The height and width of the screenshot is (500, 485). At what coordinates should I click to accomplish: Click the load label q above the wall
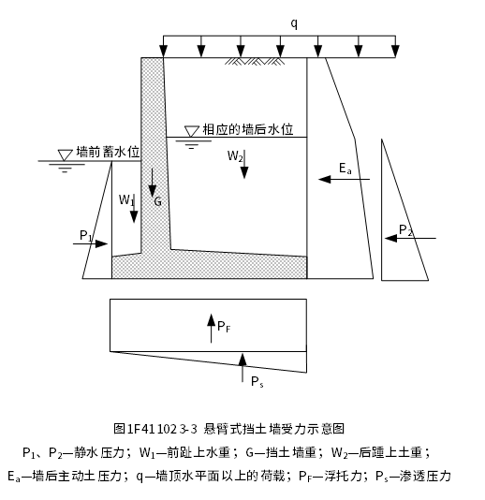[294, 24]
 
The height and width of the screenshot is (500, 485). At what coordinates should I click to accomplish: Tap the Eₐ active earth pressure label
[345, 169]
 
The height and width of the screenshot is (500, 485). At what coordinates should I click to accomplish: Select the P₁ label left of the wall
[85, 236]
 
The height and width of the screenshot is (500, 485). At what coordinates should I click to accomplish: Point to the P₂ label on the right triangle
[405, 230]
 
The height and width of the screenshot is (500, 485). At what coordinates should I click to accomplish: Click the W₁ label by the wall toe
[126, 200]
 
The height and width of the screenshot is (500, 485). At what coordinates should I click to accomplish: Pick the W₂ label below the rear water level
[235, 156]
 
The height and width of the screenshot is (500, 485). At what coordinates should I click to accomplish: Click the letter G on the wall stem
[158, 201]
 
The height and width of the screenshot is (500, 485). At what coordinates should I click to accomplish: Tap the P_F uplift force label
[224, 327]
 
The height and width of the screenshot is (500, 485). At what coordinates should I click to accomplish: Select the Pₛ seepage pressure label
[257, 381]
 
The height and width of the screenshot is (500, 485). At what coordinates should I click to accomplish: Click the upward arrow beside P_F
[211, 328]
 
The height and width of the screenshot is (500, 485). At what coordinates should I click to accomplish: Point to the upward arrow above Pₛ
[242, 367]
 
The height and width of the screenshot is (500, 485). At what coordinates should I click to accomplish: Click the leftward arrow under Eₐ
[344, 179]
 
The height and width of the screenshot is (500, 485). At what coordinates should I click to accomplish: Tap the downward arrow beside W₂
[244, 164]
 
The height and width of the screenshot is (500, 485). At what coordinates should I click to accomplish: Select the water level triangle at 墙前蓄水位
[65, 155]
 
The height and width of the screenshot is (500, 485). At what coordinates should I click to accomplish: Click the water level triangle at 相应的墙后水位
[191, 131]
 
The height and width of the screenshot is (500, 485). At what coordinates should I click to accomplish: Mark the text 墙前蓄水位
[108, 152]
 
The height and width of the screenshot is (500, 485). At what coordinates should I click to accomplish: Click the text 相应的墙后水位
[248, 129]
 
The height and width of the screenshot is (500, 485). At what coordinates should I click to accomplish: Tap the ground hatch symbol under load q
[255, 61]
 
